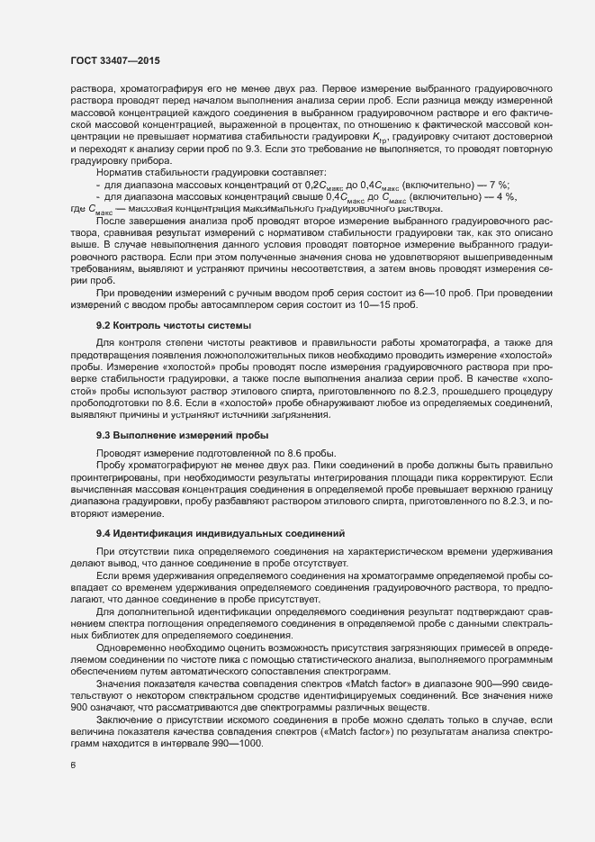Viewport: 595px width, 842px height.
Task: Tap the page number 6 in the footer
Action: pos(72,765)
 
